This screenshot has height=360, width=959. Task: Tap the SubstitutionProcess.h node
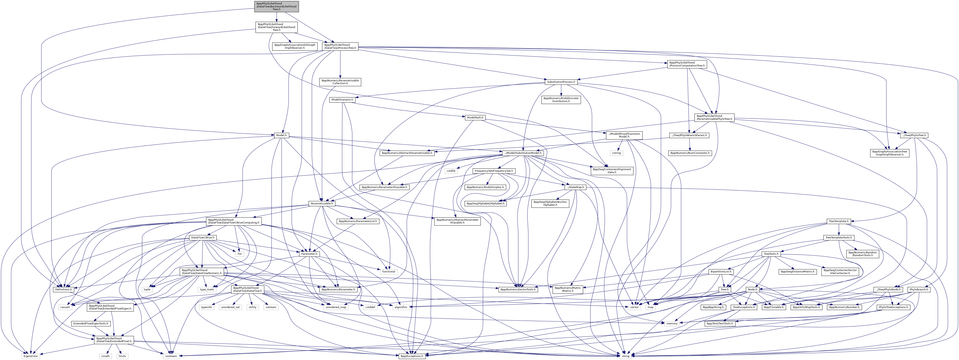(561, 82)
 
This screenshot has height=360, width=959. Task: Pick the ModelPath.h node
(475, 118)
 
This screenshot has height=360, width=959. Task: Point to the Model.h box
(281, 136)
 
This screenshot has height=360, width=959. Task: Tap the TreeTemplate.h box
(838, 221)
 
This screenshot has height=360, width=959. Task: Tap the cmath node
(106, 356)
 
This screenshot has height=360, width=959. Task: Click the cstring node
(616, 153)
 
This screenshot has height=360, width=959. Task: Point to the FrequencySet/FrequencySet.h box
(494, 171)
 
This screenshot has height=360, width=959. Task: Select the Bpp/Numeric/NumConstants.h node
(690, 153)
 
